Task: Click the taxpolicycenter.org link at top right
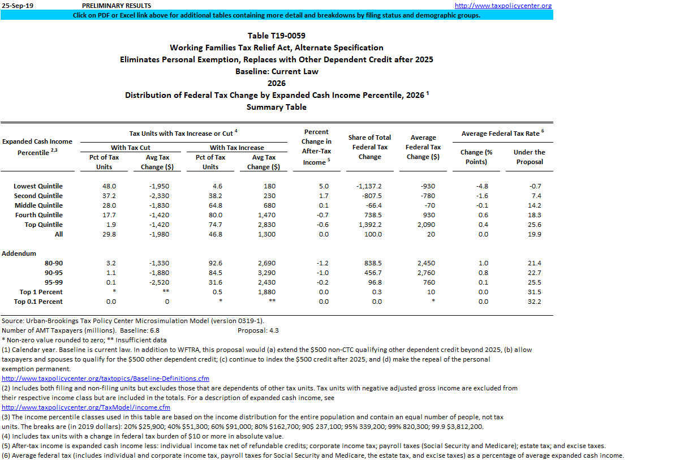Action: coord(503,6)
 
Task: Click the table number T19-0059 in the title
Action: coord(276,36)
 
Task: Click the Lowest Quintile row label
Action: coord(38,186)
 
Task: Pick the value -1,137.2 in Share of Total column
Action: coord(369,186)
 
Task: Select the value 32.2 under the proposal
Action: coord(534,302)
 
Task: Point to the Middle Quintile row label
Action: coord(38,205)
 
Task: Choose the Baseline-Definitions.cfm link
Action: coord(105,379)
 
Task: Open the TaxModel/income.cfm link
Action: coord(86,407)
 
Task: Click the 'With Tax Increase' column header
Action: coord(237,148)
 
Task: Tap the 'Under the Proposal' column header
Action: coord(530,157)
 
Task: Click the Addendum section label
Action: coord(19,253)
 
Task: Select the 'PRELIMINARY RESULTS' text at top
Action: coord(117,6)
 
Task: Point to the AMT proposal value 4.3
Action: coord(273,330)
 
